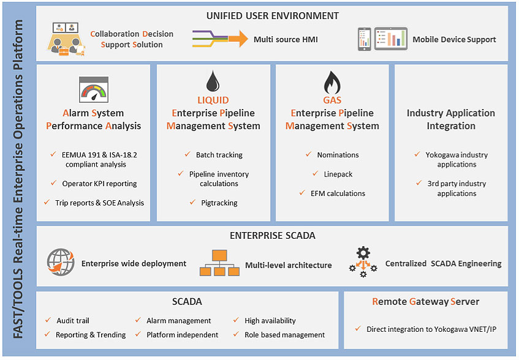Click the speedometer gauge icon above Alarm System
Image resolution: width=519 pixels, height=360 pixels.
[93, 90]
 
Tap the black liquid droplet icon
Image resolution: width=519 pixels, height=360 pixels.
[213, 81]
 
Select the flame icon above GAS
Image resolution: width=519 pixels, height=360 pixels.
[331, 81]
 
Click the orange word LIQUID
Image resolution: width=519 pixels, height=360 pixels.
[213, 100]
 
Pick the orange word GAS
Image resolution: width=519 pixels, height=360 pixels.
[331, 100]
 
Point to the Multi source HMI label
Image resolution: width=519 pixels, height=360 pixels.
[286, 40]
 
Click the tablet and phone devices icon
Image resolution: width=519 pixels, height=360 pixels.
[382, 39]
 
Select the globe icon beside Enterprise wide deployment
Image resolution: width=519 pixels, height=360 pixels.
[61, 263]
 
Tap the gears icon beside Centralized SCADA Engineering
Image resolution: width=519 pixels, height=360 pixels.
[362, 263]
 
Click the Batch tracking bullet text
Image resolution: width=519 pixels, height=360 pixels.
[219, 155]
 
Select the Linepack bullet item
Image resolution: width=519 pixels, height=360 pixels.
[338, 174]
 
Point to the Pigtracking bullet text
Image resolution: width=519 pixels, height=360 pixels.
[219, 203]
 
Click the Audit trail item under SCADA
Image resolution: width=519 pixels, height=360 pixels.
[72, 320]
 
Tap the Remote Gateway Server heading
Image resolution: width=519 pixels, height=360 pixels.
[425, 301]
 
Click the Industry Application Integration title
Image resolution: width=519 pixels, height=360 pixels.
[450, 119]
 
